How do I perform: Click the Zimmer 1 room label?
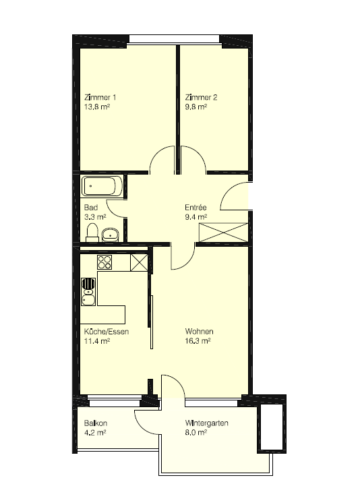pyautogui.click(x=100, y=98)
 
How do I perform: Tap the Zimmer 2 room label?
pyautogui.click(x=201, y=98)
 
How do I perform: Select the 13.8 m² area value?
pyautogui.click(x=97, y=107)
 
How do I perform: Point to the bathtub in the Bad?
pyautogui.click(x=102, y=186)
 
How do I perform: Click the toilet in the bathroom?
pyautogui.click(x=92, y=233)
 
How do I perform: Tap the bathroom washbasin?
pyautogui.click(x=110, y=235)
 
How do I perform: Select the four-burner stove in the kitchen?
pyautogui.click(x=104, y=262)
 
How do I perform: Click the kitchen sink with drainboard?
pyautogui.click(x=88, y=292)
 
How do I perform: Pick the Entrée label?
pyautogui.click(x=196, y=208)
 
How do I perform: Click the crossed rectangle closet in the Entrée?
pyautogui.click(x=223, y=233)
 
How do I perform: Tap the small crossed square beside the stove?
pyautogui.click(x=139, y=263)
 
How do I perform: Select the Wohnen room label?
pyautogui.click(x=199, y=332)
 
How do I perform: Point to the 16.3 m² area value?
pyautogui.click(x=198, y=341)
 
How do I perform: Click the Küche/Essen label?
pyautogui.click(x=107, y=332)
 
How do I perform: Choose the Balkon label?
pyautogui.click(x=96, y=423)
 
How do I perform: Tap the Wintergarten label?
pyautogui.click(x=206, y=423)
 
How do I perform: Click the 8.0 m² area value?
pyautogui.click(x=196, y=433)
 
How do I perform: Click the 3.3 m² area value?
pyautogui.click(x=95, y=217)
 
